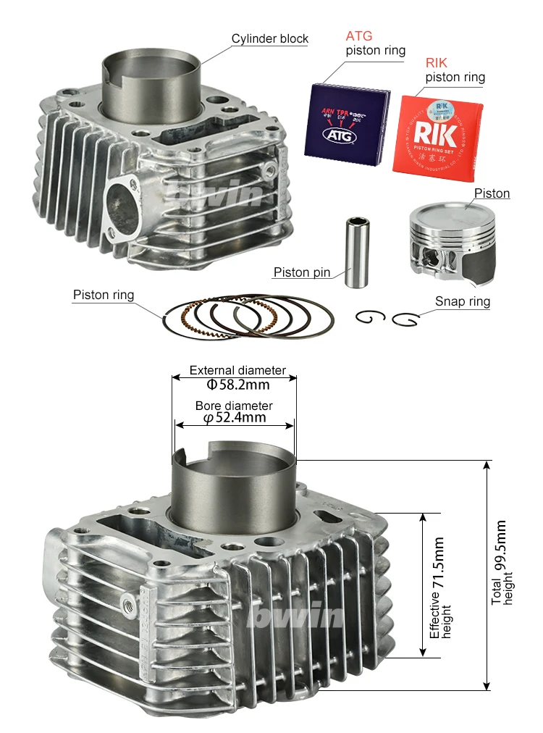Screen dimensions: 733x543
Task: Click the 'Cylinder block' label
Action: tap(269, 39)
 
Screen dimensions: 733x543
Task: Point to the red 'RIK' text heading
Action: tap(437, 63)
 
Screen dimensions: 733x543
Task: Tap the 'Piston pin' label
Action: tap(301, 273)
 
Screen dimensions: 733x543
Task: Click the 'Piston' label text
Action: tap(492, 193)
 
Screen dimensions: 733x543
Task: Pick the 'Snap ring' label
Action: tap(462, 301)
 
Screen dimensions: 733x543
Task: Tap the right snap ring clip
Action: tap(405, 319)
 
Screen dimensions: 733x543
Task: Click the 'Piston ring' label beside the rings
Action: tap(103, 295)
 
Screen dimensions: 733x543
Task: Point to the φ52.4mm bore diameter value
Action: tap(234, 417)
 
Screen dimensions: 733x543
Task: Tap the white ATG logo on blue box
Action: tap(347, 134)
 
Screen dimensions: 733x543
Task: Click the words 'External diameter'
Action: tap(237, 370)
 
